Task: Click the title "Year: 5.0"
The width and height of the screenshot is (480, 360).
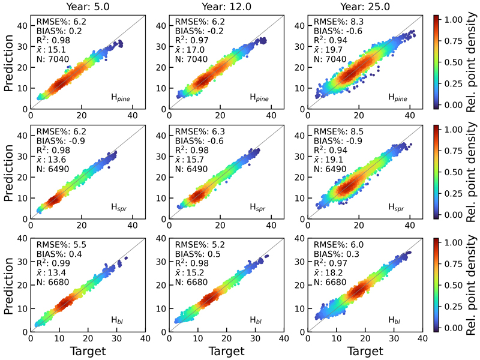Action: [x=87, y=7]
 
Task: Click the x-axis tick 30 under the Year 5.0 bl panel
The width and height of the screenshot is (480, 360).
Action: [x=116, y=339]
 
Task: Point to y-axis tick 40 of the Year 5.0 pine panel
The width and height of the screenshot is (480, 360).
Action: [x=23, y=26]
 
